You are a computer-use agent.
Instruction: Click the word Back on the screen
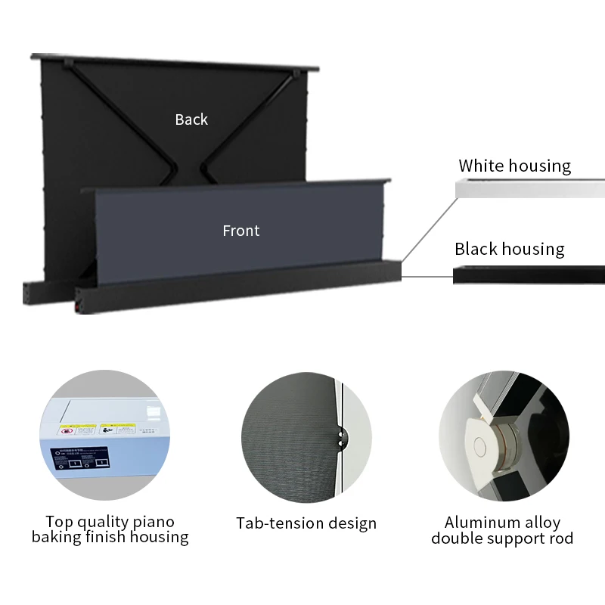click(191, 119)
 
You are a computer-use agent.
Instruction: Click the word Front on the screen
click(240, 231)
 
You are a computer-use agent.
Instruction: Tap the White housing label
click(514, 166)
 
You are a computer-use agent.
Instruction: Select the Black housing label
click(509, 249)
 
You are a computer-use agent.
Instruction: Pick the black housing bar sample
click(529, 275)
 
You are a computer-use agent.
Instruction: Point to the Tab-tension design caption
click(306, 523)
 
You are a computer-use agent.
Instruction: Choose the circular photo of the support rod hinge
click(504, 435)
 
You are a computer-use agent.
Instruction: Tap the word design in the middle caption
click(351, 523)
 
